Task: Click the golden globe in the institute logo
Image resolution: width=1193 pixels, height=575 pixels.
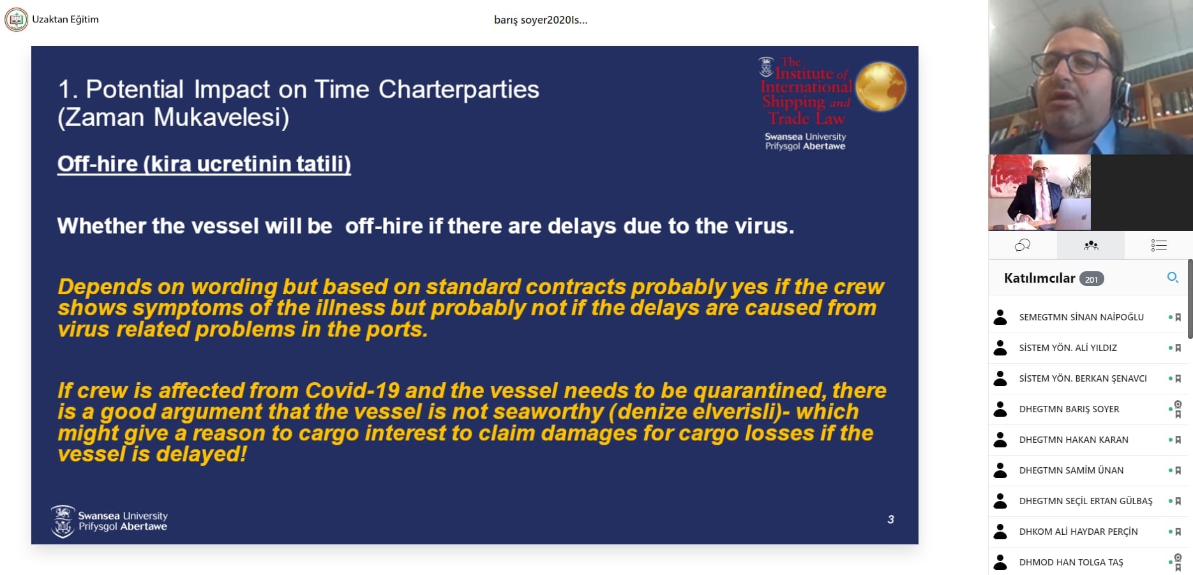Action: [x=880, y=86]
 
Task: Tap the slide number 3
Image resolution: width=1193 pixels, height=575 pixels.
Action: [x=890, y=519]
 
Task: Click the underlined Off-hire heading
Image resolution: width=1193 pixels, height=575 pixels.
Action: [x=204, y=164]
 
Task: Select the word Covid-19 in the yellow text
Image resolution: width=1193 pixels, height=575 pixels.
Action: [x=352, y=390]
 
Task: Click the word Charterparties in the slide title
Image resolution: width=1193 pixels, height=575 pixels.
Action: [x=459, y=89]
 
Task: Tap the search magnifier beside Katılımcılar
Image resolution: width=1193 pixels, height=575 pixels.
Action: [x=1173, y=278]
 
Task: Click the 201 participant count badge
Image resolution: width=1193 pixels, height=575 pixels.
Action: [x=1092, y=279]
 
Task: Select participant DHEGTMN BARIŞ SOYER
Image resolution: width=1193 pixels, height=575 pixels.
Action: [x=1069, y=409]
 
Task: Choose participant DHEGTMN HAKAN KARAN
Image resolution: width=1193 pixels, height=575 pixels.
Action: [x=1074, y=440]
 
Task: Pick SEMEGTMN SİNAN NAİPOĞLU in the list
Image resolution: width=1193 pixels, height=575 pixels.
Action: [x=1081, y=317]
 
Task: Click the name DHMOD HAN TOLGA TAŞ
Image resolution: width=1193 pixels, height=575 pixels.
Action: [x=1071, y=562]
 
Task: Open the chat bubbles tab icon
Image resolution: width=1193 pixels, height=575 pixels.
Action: [x=1023, y=245]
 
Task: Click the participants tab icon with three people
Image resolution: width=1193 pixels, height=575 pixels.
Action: [x=1091, y=245]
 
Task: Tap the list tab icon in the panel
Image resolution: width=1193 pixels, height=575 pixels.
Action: [x=1159, y=245]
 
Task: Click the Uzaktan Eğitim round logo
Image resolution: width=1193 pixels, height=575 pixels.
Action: [x=17, y=19]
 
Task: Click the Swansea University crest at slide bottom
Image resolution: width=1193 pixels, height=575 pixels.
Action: [x=63, y=521]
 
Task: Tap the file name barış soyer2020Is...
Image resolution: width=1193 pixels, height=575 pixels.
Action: [x=541, y=20]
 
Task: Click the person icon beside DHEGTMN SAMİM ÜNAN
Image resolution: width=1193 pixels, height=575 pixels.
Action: [x=1000, y=470]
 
